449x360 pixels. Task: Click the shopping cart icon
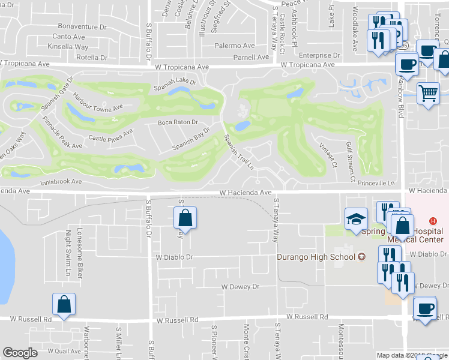pyautogui.click(x=428, y=93)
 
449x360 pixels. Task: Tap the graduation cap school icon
pyautogui.click(x=356, y=218)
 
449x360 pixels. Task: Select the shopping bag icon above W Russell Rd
pyautogui.click(x=63, y=304)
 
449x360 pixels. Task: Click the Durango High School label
pyautogui.click(x=316, y=257)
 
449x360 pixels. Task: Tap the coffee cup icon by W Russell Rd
pyautogui.click(x=426, y=309)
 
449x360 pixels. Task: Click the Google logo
pyautogui.click(x=20, y=353)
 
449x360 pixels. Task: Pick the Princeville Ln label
pyautogui.click(x=374, y=183)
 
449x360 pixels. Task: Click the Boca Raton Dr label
pyautogui.click(x=178, y=122)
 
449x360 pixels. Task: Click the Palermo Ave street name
pyautogui.click(x=236, y=46)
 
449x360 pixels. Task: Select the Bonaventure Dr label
pyautogui.click(x=82, y=27)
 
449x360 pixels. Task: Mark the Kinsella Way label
pyautogui.click(x=68, y=47)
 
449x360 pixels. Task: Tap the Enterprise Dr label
pyautogui.click(x=319, y=55)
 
